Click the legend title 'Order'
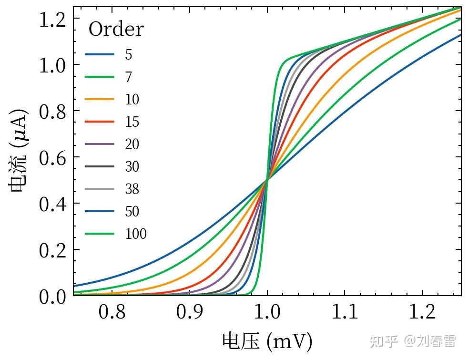pos(116,30)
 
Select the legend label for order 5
pos(129,54)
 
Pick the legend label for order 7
pos(129,77)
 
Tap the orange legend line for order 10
pos(100,99)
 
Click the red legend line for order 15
pos(100,122)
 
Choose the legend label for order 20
pos(132,144)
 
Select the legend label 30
pos(132,166)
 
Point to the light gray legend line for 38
pos(100,189)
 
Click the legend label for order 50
pos(132,211)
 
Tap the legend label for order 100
pos(136,234)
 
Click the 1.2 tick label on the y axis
pos(52,19)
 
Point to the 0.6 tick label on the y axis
pos(52,157)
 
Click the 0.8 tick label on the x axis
pos(112,312)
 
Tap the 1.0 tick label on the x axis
pos(267,312)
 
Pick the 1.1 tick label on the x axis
pos(345,312)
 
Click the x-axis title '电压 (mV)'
pos(267,341)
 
